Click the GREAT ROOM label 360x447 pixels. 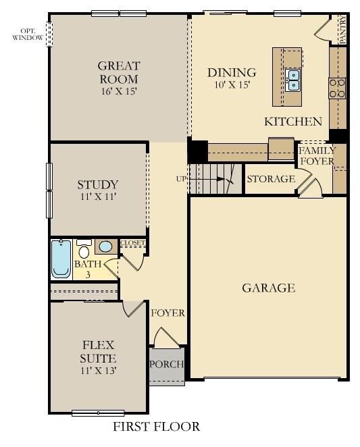tap(119, 73)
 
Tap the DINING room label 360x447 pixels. tap(232, 72)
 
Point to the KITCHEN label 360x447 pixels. tap(292, 122)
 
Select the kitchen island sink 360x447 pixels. tap(293, 80)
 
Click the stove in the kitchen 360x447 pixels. tap(337, 86)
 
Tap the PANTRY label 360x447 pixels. tap(342, 30)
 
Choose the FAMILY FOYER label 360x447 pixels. tap(317, 156)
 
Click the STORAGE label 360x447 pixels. tap(271, 179)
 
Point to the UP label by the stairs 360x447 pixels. tap(181, 179)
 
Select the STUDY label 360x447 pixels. tap(98, 184)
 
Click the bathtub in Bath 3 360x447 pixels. tap(61, 259)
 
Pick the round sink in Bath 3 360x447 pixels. tap(106, 246)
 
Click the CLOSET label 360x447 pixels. tap(132, 242)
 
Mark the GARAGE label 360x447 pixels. tap(268, 288)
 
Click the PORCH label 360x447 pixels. tap(167, 365)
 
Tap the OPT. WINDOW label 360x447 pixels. tap(28, 34)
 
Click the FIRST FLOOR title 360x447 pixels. tap(156, 427)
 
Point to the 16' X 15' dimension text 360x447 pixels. tap(118, 91)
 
